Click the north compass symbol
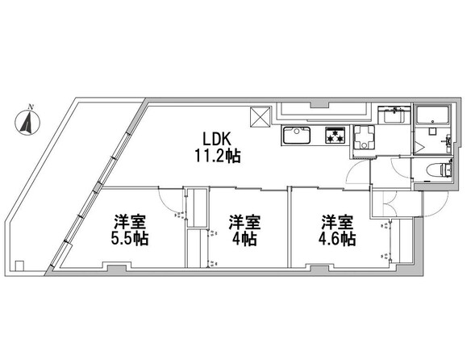click(x=27, y=122)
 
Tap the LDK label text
click(x=216, y=140)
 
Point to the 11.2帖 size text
click(x=218, y=156)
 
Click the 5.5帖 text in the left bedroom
click(x=130, y=238)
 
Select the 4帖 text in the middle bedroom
click(x=244, y=238)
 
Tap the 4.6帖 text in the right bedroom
click(x=337, y=238)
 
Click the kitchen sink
click(x=297, y=136)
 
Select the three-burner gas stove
click(x=336, y=135)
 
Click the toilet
click(x=446, y=170)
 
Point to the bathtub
click(x=433, y=115)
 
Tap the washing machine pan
click(x=364, y=137)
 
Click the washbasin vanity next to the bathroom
click(x=394, y=115)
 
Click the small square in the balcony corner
click(x=19, y=266)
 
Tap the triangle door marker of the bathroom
click(x=419, y=148)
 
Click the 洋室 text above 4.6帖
click(x=337, y=222)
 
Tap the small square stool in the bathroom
click(x=432, y=131)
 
